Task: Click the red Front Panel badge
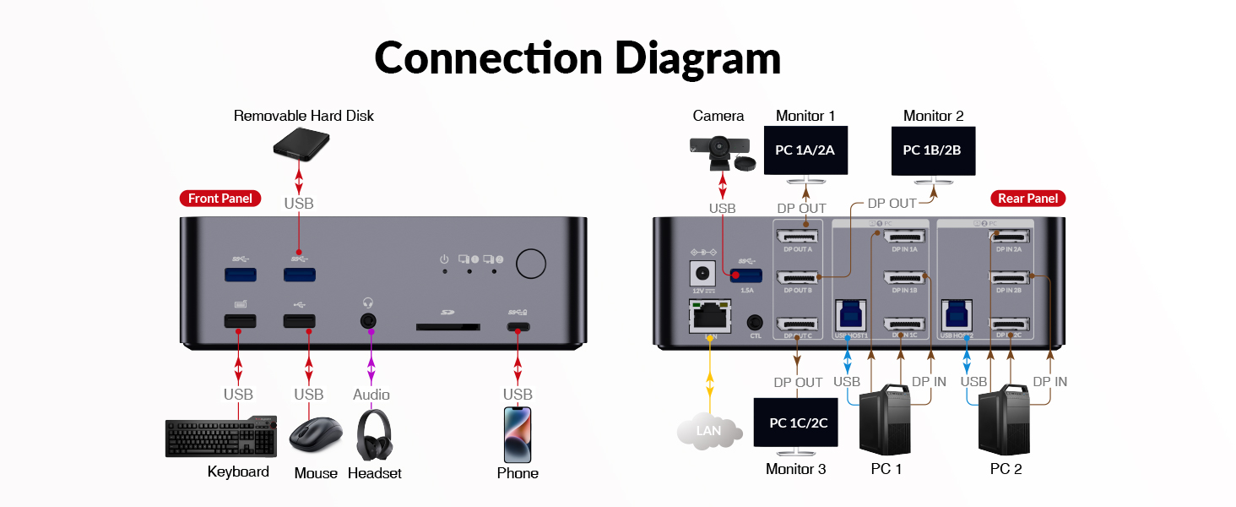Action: (220, 199)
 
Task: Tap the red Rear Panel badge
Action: (1027, 199)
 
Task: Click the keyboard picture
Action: (221, 438)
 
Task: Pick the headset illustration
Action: (373, 436)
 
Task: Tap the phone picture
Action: (518, 434)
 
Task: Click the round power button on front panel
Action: (530, 264)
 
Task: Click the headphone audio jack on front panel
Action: (368, 321)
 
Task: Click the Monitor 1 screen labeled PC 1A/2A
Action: (805, 150)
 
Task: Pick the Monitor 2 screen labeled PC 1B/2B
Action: (933, 150)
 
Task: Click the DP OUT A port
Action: (798, 238)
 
